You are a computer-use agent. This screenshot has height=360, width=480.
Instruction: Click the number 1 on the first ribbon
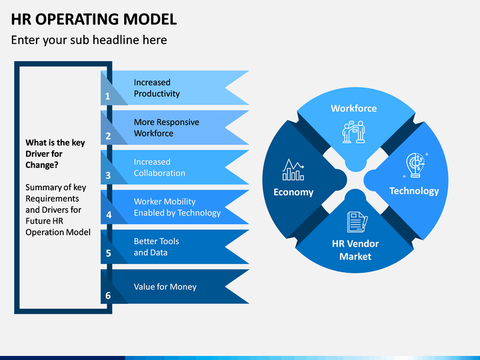pyautogui.click(x=107, y=97)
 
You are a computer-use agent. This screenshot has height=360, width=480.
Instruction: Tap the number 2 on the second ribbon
pyautogui.click(x=108, y=136)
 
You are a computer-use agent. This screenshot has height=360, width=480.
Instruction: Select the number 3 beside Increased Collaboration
pyautogui.click(x=108, y=175)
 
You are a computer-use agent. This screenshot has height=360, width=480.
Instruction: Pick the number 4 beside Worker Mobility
pyautogui.click(x=109, y=215)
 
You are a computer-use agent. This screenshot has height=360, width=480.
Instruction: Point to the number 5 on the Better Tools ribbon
pyautogui.click(x=109, y=253)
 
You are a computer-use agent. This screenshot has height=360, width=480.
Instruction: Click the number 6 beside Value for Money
pyautogui.click(x=108, y=295)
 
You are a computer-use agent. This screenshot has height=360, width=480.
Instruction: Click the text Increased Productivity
pyautogui.click(x=157, y=88)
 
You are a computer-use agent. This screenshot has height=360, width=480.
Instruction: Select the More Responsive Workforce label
pyautogui.click(x=167, y=127)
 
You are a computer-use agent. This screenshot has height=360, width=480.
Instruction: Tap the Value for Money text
pyautogui.click(x=165, y=287)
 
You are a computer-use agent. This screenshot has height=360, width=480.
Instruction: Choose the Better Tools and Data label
pyautogui.click(x=157, y=247)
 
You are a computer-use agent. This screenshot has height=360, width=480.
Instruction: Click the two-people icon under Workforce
pyautogui.click(x=354, y=131)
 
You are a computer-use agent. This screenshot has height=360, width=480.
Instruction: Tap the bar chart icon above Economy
pyautogui.click(x=293, y=169)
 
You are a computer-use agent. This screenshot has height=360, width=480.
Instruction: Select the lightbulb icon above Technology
pyautogui.click(x=415, y=165)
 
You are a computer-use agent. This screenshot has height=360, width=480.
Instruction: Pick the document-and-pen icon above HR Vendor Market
pyautogui.click(x=357, y=222)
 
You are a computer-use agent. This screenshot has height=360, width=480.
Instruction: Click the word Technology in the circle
pyautogui.click(x=414, y=191)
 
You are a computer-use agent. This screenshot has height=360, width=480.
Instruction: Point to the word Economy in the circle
pyautogui.click(x=293, y=192)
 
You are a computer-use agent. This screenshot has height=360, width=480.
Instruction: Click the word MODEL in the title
pyautogui.click(x=150, y=19)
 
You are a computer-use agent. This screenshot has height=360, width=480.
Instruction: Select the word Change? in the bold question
pyautogui.click(x=42, y=165)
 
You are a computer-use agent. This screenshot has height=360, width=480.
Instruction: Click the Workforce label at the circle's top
pyautogui.click(x=354, y=109)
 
